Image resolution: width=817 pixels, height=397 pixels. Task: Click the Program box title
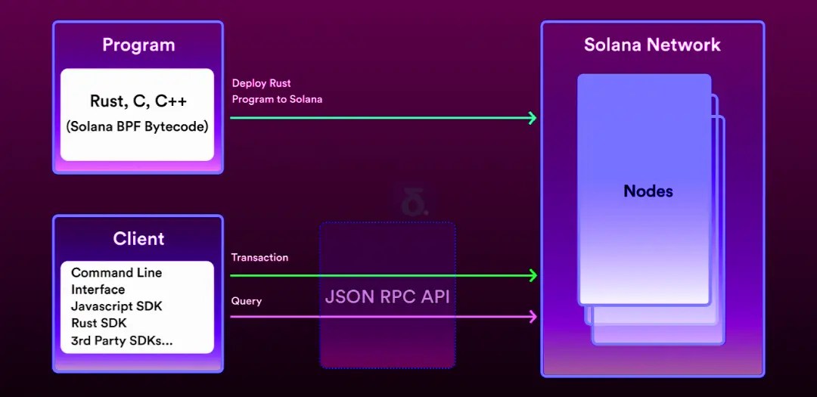138,45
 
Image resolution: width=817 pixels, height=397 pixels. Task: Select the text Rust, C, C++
138,101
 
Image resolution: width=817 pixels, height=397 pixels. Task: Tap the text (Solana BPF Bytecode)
137,127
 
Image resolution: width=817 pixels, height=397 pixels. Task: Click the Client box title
138,239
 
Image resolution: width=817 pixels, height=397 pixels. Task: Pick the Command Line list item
116,273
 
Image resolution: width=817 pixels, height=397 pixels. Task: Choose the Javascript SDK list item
116,306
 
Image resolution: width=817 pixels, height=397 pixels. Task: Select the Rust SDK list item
99,324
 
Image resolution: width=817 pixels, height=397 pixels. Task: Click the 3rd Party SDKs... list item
122,341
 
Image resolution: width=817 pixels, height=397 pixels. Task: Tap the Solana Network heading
652,45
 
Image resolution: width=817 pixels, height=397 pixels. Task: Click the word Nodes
648,191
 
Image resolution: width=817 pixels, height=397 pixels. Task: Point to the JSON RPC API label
387,296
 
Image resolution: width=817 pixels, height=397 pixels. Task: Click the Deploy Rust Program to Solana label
277,91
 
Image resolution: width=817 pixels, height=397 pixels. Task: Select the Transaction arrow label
259,258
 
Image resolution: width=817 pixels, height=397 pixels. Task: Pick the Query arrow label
247,301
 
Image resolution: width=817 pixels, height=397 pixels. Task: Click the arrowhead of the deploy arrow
533,118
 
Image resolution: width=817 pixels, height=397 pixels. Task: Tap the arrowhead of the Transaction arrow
533,275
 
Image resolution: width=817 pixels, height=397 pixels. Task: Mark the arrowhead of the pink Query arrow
533,317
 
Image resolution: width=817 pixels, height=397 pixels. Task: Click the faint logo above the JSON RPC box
414,205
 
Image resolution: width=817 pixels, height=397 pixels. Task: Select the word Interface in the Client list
98,290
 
